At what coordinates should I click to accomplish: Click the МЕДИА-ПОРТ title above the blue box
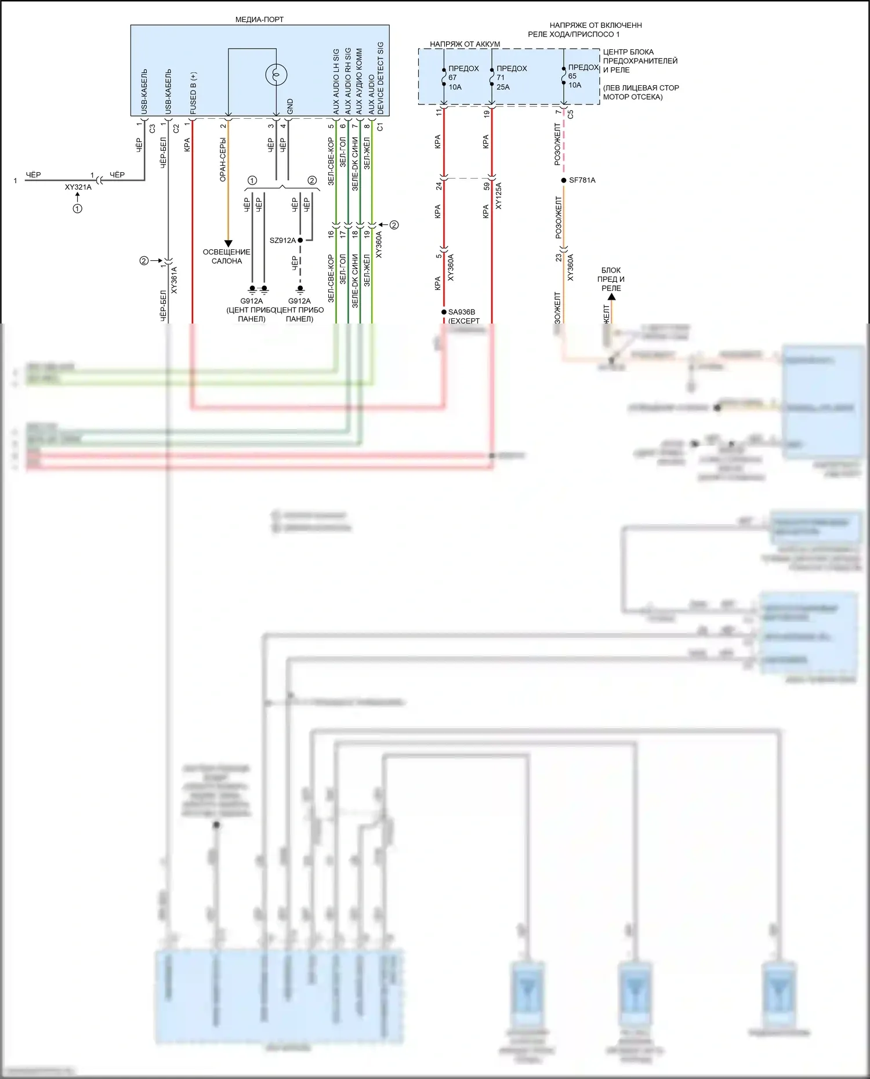(259, 19)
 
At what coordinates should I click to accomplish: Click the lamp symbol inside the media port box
(276, 74)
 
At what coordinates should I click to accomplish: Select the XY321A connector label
(78, 187)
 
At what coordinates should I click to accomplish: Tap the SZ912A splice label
(282, 240)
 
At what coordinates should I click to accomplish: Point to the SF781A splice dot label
(582, 180)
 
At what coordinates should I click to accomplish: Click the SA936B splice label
(461, 312)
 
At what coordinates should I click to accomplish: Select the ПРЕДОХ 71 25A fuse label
(511, 78)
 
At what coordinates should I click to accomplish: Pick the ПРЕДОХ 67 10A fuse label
(463, 78)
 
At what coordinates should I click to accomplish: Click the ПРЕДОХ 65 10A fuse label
(582, 76)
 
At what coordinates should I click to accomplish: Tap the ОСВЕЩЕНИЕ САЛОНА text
(227, 256)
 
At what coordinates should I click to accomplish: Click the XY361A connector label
(175, 279)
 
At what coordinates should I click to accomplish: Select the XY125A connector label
(498, 195)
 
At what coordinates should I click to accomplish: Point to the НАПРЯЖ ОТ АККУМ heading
(465, 44)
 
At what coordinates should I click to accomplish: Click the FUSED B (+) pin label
(193, 93)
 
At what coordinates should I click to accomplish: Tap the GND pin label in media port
(290, 106)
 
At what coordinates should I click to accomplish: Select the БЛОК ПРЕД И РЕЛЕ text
(611, 279)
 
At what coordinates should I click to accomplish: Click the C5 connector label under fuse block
(571, 114)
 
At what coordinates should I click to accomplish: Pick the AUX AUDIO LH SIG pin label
(336, 81)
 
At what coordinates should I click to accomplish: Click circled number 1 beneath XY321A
(77, 208)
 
